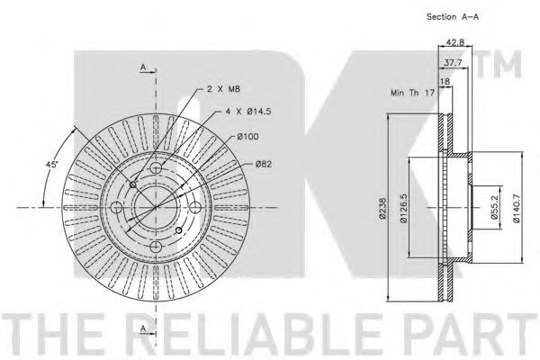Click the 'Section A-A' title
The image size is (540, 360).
452,16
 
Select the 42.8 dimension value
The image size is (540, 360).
454,41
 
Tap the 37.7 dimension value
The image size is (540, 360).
453,63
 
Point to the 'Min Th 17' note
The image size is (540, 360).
412,93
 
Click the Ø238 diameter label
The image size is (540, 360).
382,208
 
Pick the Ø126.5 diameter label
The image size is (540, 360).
404,208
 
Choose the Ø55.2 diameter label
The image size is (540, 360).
493,207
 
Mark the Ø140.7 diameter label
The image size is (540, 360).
516,208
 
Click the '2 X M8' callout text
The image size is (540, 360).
223,89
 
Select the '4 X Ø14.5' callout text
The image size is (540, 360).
248,112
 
